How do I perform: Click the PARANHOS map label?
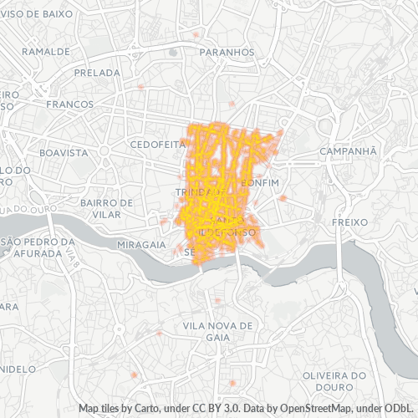tap(228, 52)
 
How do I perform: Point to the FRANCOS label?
tap(69, 104)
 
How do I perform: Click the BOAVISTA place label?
tap(64, 153)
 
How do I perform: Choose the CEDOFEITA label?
tap(156, 144)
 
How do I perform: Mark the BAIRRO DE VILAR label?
tap(106, 208)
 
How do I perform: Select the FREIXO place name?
tap(345, 223)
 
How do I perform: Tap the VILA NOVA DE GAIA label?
tap(212, 330)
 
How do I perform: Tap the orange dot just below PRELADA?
tap(141, 87)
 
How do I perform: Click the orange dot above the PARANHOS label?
tap(196, 35)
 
